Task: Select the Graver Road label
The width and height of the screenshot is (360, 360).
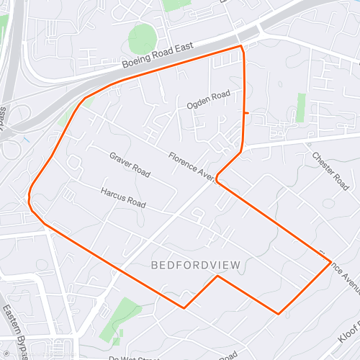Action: [x=130, y=164]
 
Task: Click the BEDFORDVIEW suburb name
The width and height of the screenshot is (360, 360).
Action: [x=195, y=265]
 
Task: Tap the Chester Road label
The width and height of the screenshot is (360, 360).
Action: [x=330, y=171]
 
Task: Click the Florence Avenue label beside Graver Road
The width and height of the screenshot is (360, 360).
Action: [x=193, y=166]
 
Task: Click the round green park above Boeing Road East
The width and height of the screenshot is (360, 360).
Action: [x=142, y=37]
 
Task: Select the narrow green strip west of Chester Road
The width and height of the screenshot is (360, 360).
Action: [x=300, y=108]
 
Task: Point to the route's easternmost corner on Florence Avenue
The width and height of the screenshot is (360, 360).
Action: [x=330, y=261]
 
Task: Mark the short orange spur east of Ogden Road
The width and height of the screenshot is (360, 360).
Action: [x=247, y=113]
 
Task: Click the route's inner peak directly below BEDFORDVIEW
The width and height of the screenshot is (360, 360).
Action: [x=217, y=276]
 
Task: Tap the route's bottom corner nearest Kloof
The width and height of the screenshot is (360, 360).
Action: [x=279, y=313]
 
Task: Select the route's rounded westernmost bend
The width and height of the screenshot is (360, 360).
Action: [x=30, y=199]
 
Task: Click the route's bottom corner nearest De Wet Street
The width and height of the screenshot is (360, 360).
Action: [x=184, y=308]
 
